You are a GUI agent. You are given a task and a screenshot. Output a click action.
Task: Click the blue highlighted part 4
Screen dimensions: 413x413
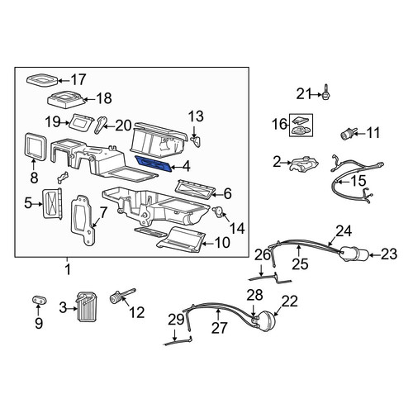154,164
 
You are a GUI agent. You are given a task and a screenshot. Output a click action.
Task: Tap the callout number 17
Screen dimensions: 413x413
78,80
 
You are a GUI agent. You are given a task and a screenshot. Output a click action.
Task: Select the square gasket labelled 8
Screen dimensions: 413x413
35,146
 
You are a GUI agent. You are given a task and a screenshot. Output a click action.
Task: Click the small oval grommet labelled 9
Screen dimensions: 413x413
40,300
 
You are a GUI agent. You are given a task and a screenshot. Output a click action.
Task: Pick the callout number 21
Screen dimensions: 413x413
303,94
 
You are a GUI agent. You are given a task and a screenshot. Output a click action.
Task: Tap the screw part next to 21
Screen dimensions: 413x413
326,93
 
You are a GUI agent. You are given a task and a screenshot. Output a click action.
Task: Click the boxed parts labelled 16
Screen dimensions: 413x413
301,125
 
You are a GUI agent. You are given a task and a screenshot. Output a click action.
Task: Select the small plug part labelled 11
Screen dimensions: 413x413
348,133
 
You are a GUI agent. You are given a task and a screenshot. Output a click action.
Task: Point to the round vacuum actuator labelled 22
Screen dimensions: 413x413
265,320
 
